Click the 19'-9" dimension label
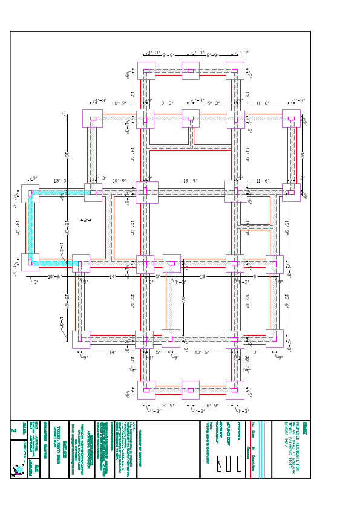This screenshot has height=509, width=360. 191,180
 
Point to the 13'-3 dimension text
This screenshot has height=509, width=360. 60,180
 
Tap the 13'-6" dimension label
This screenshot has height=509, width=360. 201,352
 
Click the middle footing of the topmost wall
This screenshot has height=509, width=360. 190,71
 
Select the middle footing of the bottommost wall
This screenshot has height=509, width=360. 190,390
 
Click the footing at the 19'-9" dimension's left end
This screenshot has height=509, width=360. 146,192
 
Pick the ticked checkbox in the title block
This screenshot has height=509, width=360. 219,463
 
